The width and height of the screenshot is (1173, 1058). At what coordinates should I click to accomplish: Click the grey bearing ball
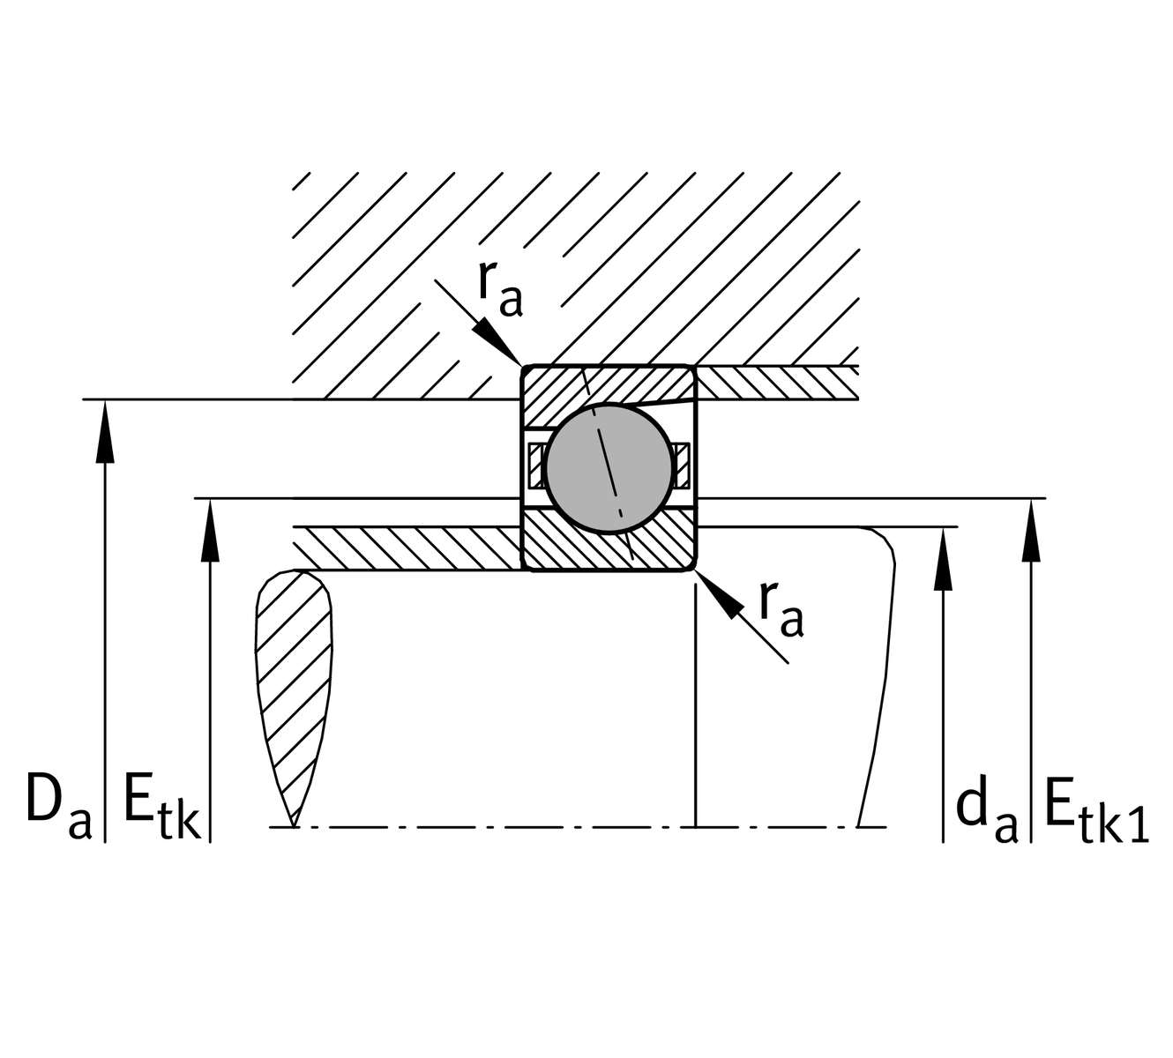[609, 467]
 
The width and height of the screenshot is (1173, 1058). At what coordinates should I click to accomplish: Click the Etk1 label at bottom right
[1096, 809]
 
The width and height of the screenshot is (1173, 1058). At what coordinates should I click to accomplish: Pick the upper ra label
[500, 289]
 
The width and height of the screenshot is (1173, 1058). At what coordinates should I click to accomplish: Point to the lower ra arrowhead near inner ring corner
[723, 600]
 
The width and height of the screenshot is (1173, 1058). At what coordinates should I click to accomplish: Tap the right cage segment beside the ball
[680, 465]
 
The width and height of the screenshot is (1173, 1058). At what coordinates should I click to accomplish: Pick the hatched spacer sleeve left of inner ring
[406, 548]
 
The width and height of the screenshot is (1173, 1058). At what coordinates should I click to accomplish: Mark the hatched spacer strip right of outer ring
[776, 383]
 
